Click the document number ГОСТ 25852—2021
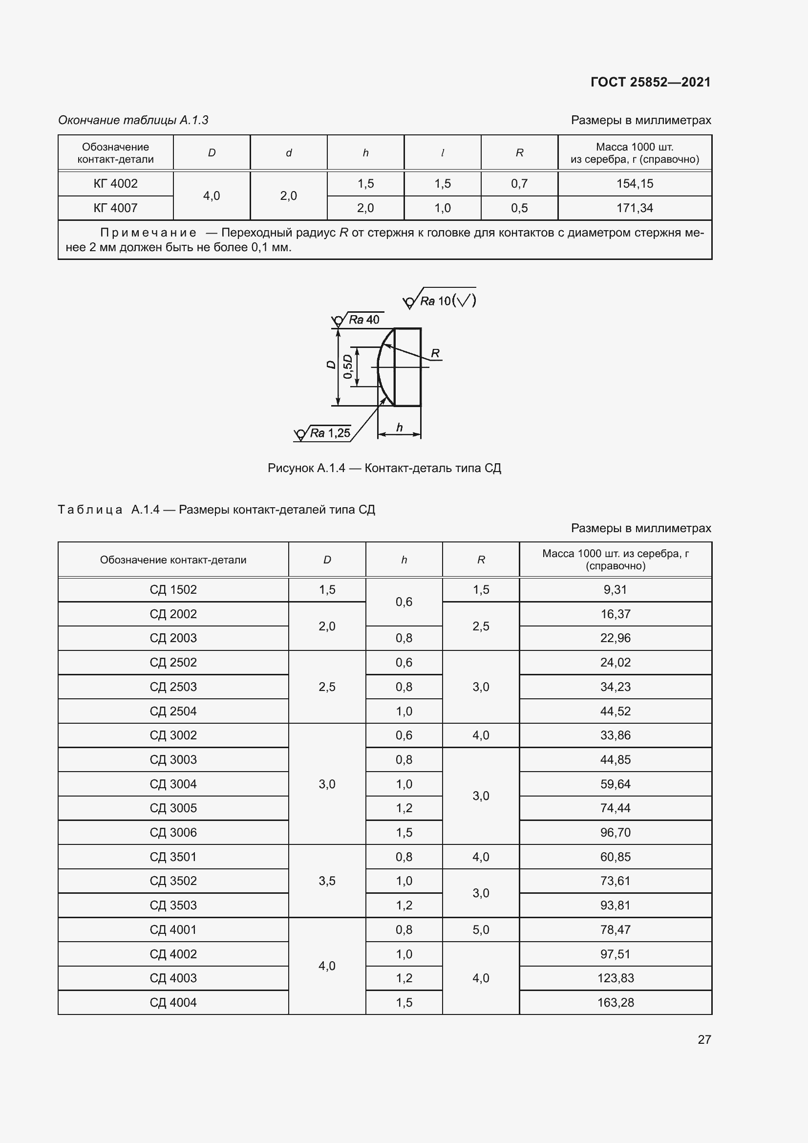point(650,82)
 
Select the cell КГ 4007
point(115,208)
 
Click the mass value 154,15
point(635,184)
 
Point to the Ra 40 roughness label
point(364,320)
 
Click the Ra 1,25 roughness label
point(330,433)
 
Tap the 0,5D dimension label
point(347,367)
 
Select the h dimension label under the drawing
point(399,428)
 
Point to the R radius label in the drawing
point(435,353)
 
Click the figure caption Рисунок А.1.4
point(384,468)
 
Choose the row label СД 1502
point(173,589)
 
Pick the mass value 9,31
point(615,589)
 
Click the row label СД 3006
point(173,832)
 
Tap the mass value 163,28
point(616,1002)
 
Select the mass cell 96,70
point(616,832)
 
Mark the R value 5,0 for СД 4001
point(481,929)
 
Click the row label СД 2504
point(173,711)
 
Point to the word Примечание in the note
point(149,233)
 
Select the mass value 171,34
point(635,208)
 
